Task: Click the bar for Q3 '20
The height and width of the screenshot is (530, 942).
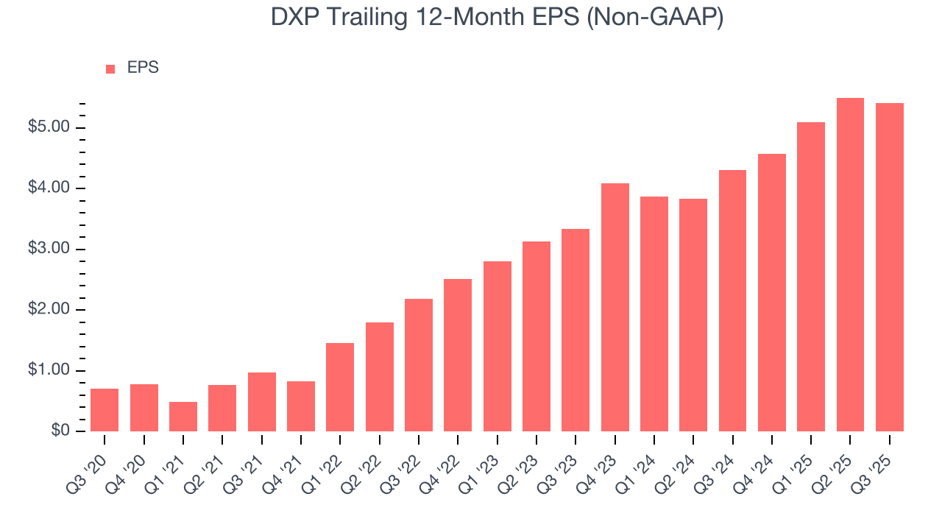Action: (x=105, y=410)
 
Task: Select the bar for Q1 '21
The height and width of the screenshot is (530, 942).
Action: (x=183, y=417)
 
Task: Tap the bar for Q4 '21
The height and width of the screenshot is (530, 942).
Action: (x=301, y=406)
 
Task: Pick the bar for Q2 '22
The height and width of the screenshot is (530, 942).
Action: (x=379, y=377)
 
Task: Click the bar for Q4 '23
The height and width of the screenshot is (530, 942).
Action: (x=615, y=307)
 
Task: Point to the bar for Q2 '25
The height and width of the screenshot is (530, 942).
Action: (x=850, y=265)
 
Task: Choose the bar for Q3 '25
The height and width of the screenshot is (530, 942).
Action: (x=889, y=267)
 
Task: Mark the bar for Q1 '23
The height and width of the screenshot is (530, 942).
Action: (x=497, y=346)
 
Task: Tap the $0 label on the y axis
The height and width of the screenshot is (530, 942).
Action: (x=61, y=431)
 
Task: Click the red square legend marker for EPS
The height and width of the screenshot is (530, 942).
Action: (x=110, y=68)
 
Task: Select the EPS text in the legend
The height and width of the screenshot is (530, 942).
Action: (x=143, y=68)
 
